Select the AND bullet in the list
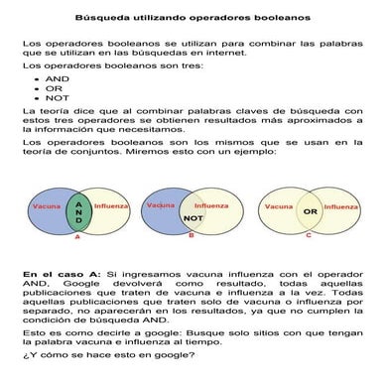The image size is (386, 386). [58, 76]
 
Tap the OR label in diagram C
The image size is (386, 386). [310, 211]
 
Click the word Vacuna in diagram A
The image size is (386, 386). [47, 207]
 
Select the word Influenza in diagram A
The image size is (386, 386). [113, 207]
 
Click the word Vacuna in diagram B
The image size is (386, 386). [161, 205]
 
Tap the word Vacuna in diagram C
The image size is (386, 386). [278, 207]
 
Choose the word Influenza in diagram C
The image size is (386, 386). [340, 207]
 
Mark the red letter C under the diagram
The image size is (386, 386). [308, 236]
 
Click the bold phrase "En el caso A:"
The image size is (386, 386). [59, 272]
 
